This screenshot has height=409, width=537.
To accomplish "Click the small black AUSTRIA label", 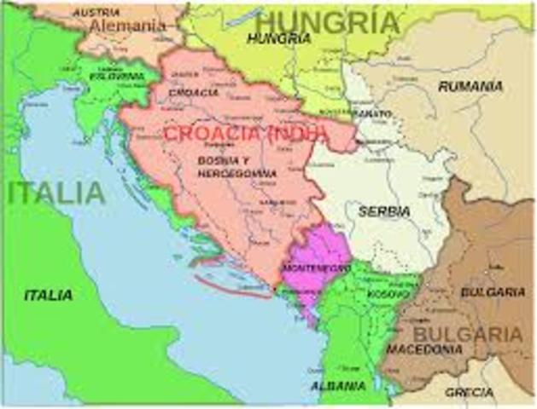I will click(96, 12).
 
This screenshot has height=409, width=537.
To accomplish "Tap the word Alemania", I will click(128, 26).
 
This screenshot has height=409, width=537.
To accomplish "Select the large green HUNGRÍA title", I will click(328, 20).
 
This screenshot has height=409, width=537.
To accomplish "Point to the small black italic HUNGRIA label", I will click(278, 38).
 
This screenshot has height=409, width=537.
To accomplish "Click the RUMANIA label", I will click(470, 86).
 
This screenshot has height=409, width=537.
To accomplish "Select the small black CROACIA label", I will click(194, 92).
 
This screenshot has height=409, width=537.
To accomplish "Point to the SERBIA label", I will click(384, 210).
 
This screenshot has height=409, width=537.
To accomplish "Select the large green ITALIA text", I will click(56, 193).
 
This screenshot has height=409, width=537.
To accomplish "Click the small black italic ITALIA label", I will click(49, 295).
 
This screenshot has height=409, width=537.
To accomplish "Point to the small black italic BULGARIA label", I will click(493, 291).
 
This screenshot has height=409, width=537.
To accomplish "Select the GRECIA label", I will click(469, 392).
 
